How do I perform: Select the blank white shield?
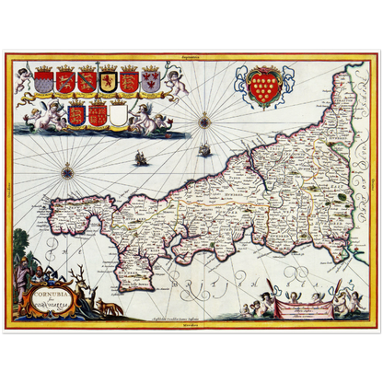pyautogui.click(x=119, y=115)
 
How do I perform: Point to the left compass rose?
pyautogui.click(x=67, y=171)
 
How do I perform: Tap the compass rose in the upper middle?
pyautogui.click(x=203, y=117)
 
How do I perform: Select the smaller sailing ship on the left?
pyautogui.click(x=141, y=158)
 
